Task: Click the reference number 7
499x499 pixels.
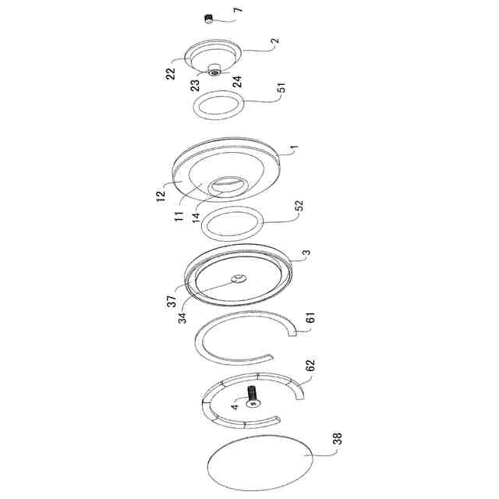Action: [238, 9]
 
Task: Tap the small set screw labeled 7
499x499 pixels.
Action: [208, 19]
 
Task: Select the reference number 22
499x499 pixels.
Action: [171, 74]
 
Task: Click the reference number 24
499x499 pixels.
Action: [237, 81]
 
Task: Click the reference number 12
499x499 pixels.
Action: [161, 195]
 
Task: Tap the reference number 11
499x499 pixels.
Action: [179, 217]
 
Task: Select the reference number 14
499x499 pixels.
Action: [196, 217]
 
